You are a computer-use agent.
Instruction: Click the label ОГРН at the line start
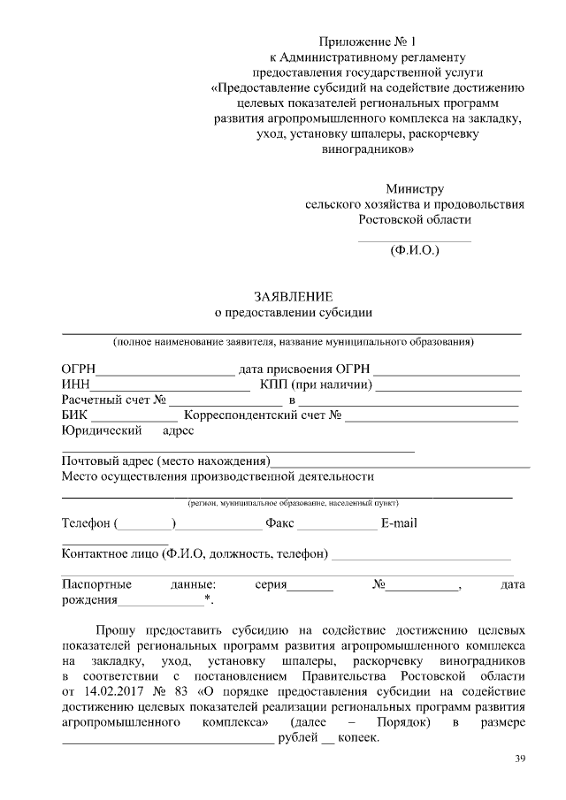[x=78, y=369]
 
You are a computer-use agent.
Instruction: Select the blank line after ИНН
[x=170, y=388]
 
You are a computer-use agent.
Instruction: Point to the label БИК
[x=75, y=415]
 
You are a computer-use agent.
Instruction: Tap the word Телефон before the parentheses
[x=86, y=523]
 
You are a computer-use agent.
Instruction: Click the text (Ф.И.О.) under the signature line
[x=415, y=250]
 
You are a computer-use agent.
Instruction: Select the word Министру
[x=415, y=188]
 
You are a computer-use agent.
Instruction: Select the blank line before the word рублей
[x=167, y=741]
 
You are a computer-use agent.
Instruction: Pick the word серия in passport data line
[x=271, y=584]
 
